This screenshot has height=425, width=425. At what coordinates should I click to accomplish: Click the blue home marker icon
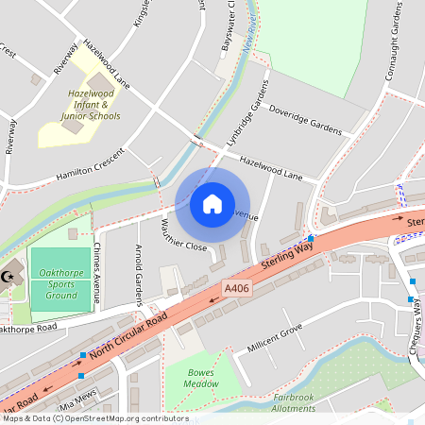(212, 203)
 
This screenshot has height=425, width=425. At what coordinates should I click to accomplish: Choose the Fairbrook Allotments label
(294, 403)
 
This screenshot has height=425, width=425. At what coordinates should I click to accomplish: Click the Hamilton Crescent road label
(90, 163)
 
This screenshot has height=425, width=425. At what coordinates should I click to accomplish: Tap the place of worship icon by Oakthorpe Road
(10, 276)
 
